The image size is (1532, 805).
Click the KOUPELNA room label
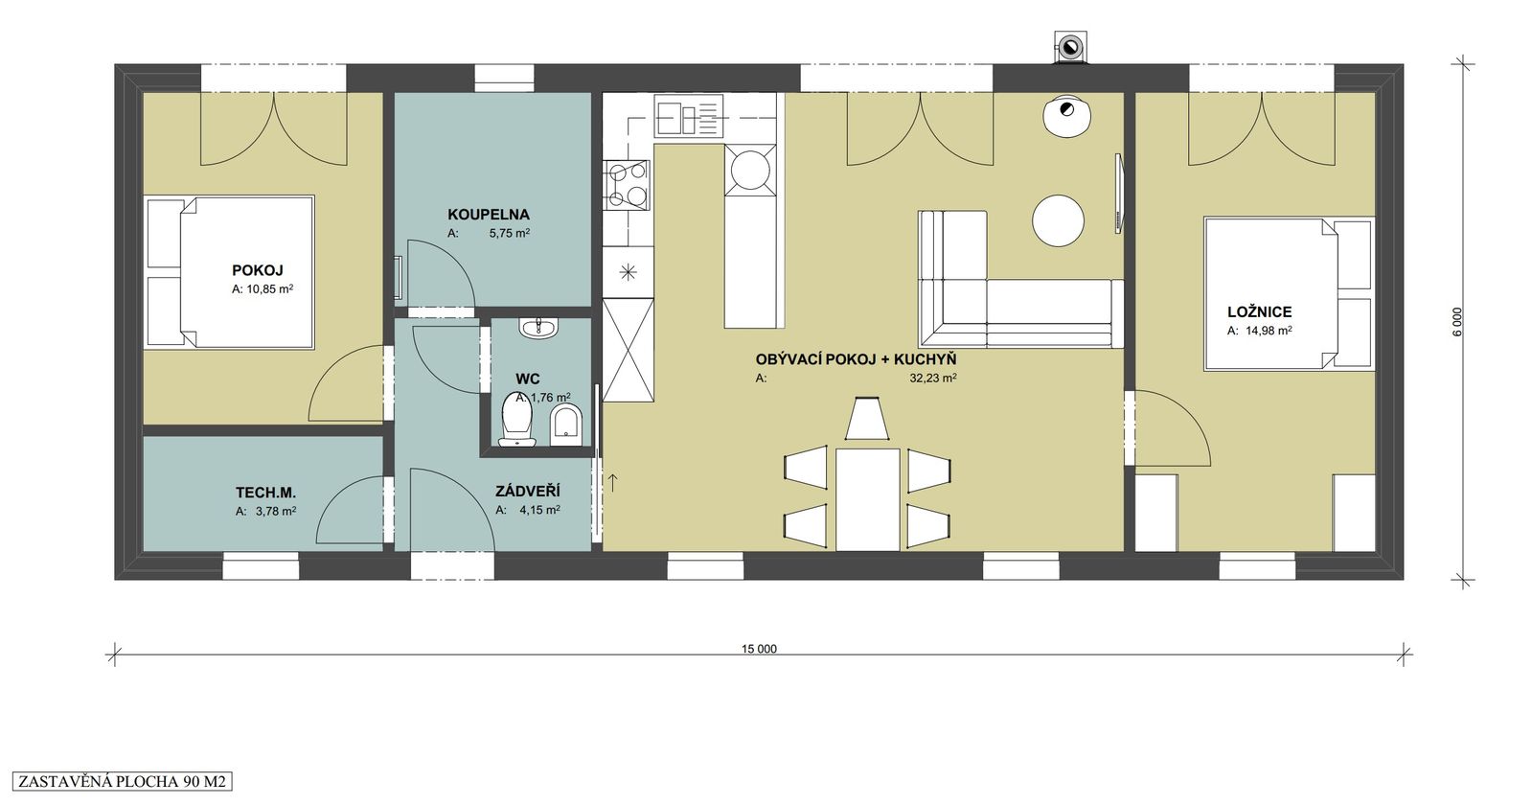point(489,215)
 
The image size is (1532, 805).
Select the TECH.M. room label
point(265,493)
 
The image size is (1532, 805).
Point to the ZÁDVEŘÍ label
point(527,491)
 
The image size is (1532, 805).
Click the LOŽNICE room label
point(1259,311)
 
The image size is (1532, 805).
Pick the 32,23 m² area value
point(933,378)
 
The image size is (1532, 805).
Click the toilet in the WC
point(517,419)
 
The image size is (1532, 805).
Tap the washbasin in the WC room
point(539,328)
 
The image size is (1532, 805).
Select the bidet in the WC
point(565,424)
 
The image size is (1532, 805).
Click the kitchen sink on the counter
point(689,116)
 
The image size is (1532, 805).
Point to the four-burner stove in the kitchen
point(627,184)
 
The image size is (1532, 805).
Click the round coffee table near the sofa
point(1058,220)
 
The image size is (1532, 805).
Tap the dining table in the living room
point(867,499)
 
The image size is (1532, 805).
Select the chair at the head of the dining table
point(866,418)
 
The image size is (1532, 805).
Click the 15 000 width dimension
point(759,649)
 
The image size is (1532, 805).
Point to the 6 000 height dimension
point(1456,321)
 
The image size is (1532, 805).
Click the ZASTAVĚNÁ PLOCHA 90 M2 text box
point(122,781)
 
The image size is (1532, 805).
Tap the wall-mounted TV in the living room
point(1119,194)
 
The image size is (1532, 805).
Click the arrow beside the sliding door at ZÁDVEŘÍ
point(613,482)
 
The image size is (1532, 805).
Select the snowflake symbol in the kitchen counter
point(628,273)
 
